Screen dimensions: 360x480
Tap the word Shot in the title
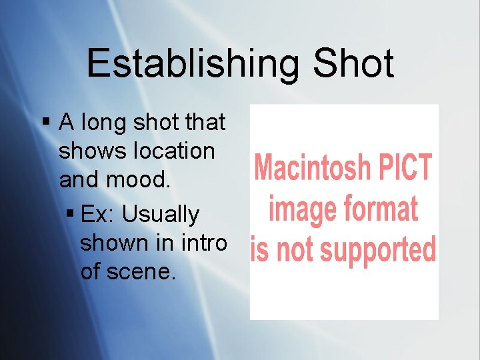pos(353,65)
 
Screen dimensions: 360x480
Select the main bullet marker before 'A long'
pos(46,122)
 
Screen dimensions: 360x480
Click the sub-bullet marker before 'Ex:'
pos(71,214)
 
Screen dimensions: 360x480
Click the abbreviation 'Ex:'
pos(98,215)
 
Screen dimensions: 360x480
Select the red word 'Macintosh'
pos(313,167)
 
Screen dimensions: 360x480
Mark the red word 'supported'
pos(377,251)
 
